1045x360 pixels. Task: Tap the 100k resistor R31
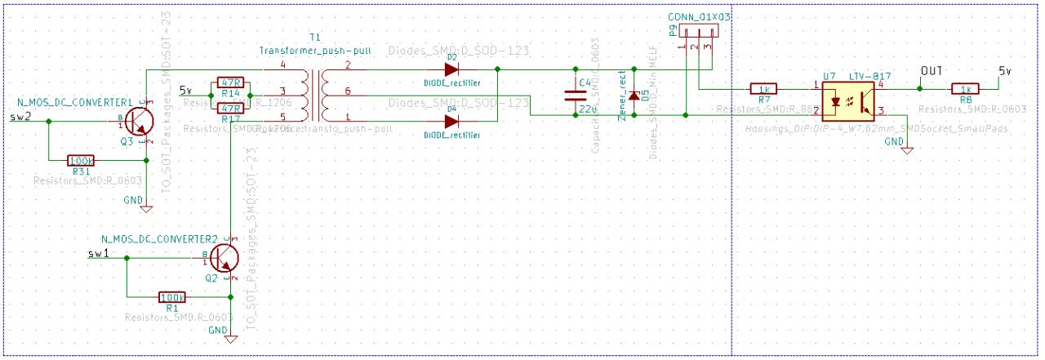[81, 161]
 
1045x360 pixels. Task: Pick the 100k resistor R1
[172, 297]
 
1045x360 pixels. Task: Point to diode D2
[450, 69]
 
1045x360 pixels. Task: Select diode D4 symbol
[450, 121]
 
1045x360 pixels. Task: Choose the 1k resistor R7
[764, 88]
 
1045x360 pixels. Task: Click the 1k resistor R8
[965, 88]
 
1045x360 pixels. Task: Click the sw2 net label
[20, 117]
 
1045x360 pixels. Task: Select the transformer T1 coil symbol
[314, 96]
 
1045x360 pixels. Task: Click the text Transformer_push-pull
[315, 51]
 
